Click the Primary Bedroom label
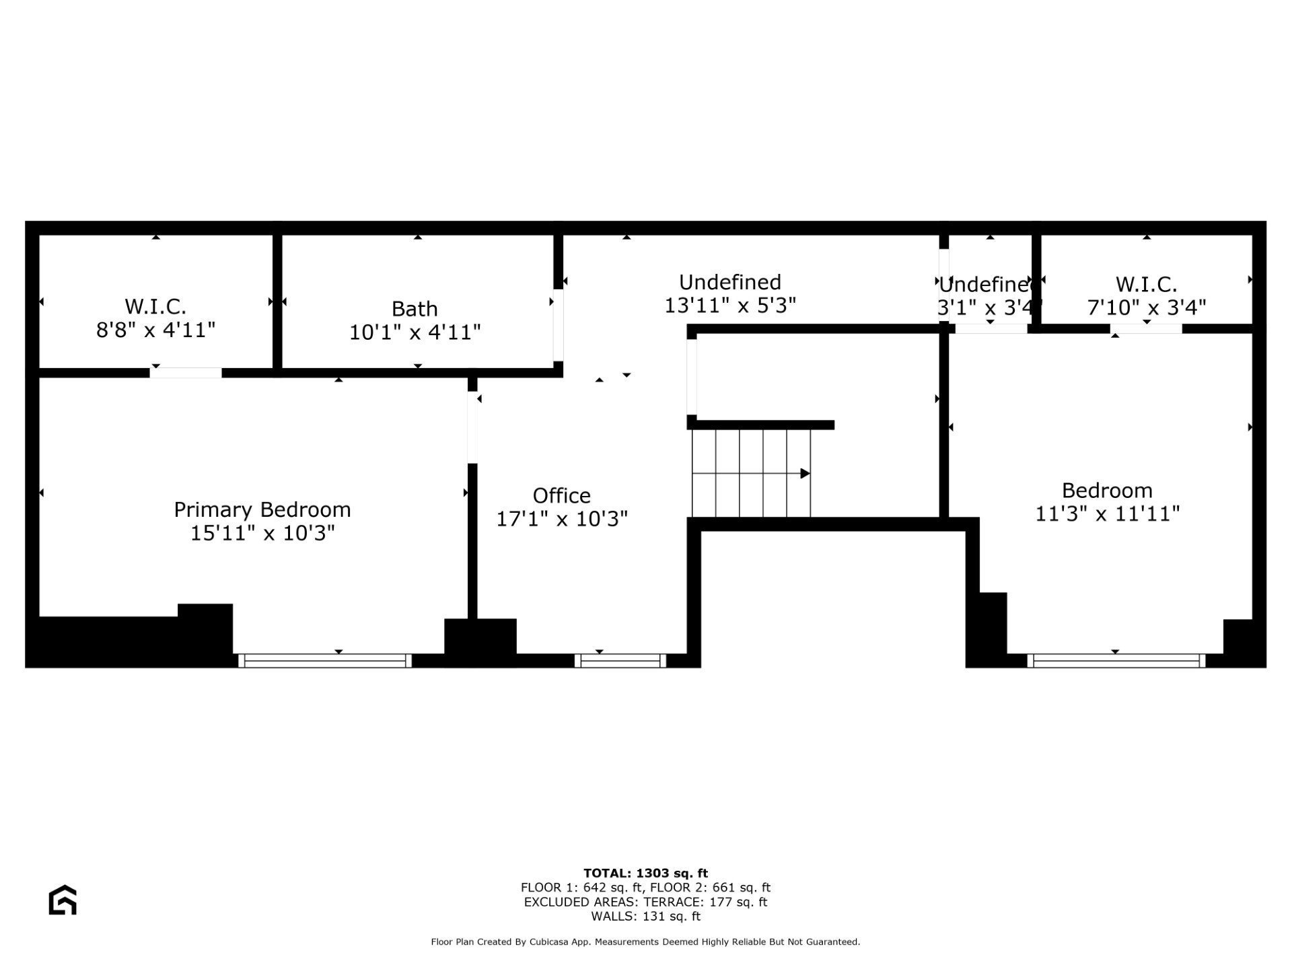pos(262,509)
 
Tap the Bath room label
pos(415,309)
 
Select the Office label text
pos(562,496)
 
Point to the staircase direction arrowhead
pos(805,473)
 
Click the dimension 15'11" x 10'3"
pos(262,533)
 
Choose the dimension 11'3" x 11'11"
pos(1107,514)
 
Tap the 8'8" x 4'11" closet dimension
pos(155,330)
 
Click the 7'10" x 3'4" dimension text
pos(1147,308)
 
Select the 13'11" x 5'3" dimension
pos(730,306)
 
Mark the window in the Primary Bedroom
pos(325,660)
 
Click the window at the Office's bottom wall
pos(620,660)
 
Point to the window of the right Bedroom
pos(1116,660)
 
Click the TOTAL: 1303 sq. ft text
pos(646,873)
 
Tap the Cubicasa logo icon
pos(63,900)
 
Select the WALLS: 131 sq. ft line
pos(646,917)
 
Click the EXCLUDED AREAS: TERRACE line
pos(646,902)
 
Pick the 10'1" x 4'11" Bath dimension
pos(415,332)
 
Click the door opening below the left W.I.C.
pos(186,373)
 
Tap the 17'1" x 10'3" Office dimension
pos(562,519)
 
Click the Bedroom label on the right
pos(1107,491)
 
